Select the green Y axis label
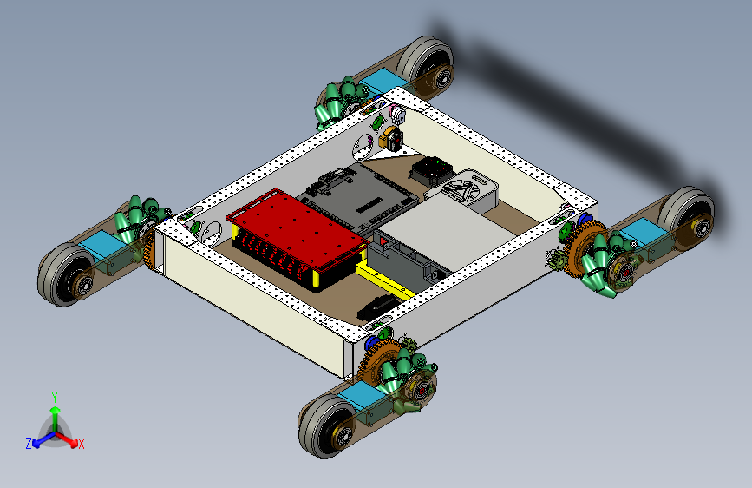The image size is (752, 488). (55, 398)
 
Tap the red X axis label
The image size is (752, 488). (81, 444)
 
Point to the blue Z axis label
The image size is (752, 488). (29, 444)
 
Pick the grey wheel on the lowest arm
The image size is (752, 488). (326, 426)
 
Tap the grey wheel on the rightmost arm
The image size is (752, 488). (687, 215)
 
